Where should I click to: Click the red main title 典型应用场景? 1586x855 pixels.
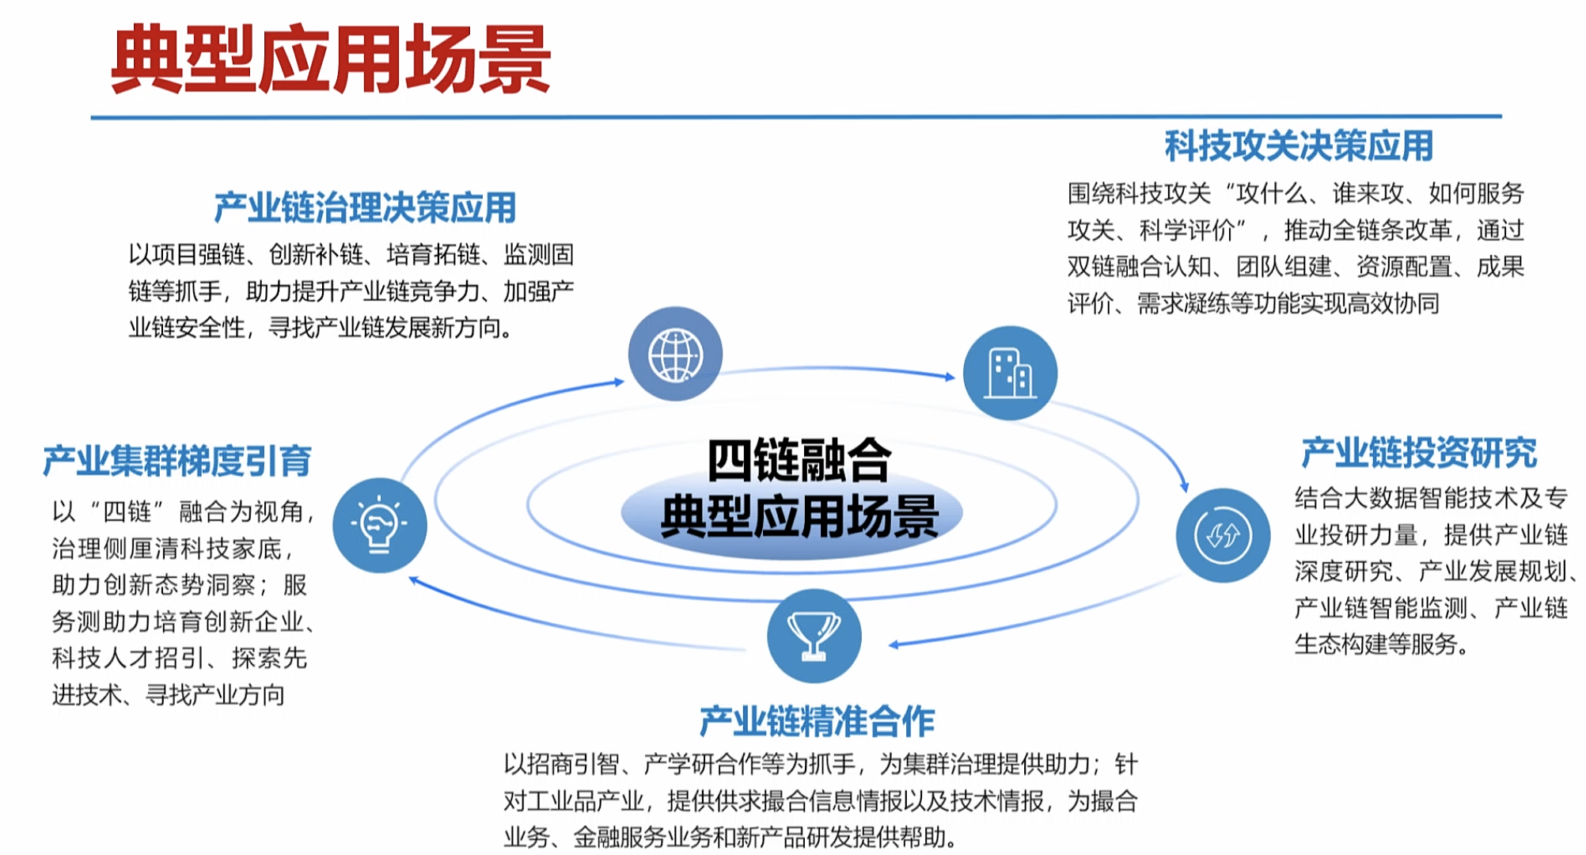coord(331,59)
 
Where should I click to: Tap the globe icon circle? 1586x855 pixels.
coord(675,354)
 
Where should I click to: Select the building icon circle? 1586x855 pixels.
coord(1010,373)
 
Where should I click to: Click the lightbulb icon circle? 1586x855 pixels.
coord(380,525)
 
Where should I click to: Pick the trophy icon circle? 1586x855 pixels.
coord(814,636)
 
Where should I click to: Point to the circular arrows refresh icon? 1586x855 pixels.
coord(1223,535)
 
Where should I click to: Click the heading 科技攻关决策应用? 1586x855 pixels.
coord(1299,146)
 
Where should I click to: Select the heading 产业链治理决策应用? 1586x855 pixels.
coord(365,207)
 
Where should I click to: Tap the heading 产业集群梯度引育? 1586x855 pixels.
coord(177,461)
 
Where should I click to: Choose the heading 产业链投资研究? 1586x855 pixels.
coord(1419,453)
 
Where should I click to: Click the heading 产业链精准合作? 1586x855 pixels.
coord(817,721)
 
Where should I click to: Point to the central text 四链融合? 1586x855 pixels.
coord(799,460)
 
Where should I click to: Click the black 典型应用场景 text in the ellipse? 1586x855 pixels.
coord(799,517)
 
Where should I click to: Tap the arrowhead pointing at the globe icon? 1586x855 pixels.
coord(619,382)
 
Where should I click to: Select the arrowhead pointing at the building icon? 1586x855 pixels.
coord(950,377)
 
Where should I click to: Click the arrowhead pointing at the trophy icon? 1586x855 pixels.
coord(894,644)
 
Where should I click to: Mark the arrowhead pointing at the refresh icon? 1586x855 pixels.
coord(1184,485)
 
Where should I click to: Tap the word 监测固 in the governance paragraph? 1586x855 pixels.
coord(538,255)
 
